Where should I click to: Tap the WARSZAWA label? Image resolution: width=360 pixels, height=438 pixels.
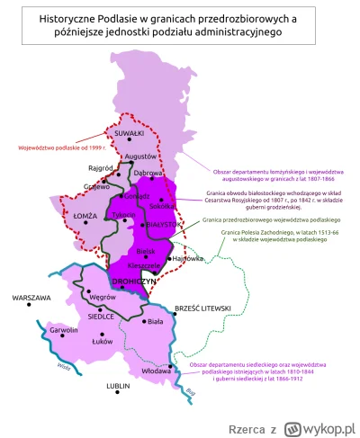tap(31, 297)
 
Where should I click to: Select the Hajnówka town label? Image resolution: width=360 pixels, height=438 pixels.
tap(189, 258)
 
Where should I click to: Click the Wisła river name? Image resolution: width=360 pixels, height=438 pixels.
tap(63, 366)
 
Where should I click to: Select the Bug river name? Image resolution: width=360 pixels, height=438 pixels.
tap(190, 390)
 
